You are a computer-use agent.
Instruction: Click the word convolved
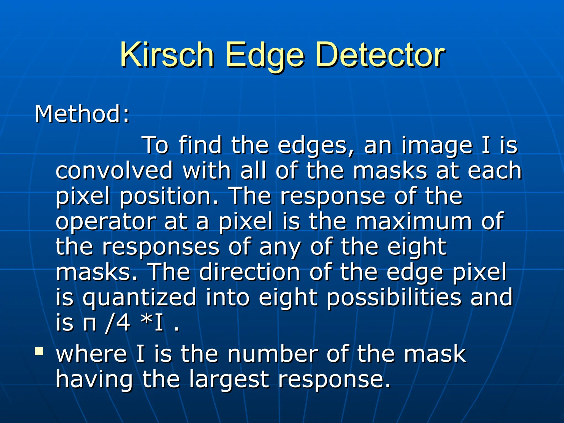[114, 170]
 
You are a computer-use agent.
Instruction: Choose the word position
[169, 196]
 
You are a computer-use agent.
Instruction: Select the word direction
[250, 272]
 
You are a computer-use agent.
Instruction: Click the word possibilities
[394, 297]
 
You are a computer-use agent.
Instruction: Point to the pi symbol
[90, 324]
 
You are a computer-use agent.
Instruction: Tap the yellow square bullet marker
[39, 351]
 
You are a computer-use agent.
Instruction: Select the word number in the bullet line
[272, 354]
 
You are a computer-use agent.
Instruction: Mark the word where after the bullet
[91, 354]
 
